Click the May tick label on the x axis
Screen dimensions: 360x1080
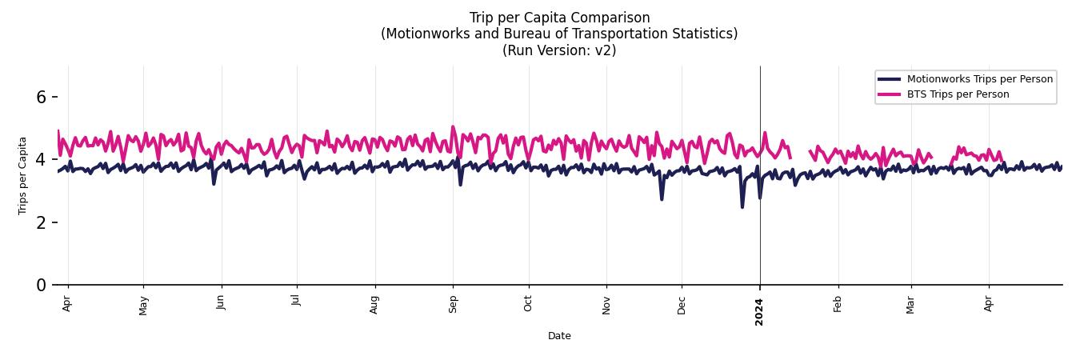coord(144,305)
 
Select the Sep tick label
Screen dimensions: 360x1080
coord(453,304)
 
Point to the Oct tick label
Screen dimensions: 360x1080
coord(528,304)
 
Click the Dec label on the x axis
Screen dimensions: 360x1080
coord(682,304)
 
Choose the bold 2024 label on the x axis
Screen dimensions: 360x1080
coord(760,307)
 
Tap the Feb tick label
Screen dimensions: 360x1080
coord(838,304)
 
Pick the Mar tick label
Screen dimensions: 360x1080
coord(910,304)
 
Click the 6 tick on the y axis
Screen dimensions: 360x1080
coord(42,97)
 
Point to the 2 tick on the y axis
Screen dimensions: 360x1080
coord(42,222)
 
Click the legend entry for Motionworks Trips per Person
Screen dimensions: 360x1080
coord(979,79)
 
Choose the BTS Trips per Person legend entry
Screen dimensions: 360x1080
coord(958,94)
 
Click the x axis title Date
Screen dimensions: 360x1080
coord(559,336)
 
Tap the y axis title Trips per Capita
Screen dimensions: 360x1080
coord(23,175)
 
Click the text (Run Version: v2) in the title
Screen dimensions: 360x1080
coord(559,50)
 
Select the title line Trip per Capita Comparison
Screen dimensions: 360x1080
coord(559,18)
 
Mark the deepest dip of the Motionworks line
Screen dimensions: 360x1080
coord(742,207)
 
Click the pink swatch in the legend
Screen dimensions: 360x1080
coord(889,94)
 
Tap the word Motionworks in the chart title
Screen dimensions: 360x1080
coord(426,34)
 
